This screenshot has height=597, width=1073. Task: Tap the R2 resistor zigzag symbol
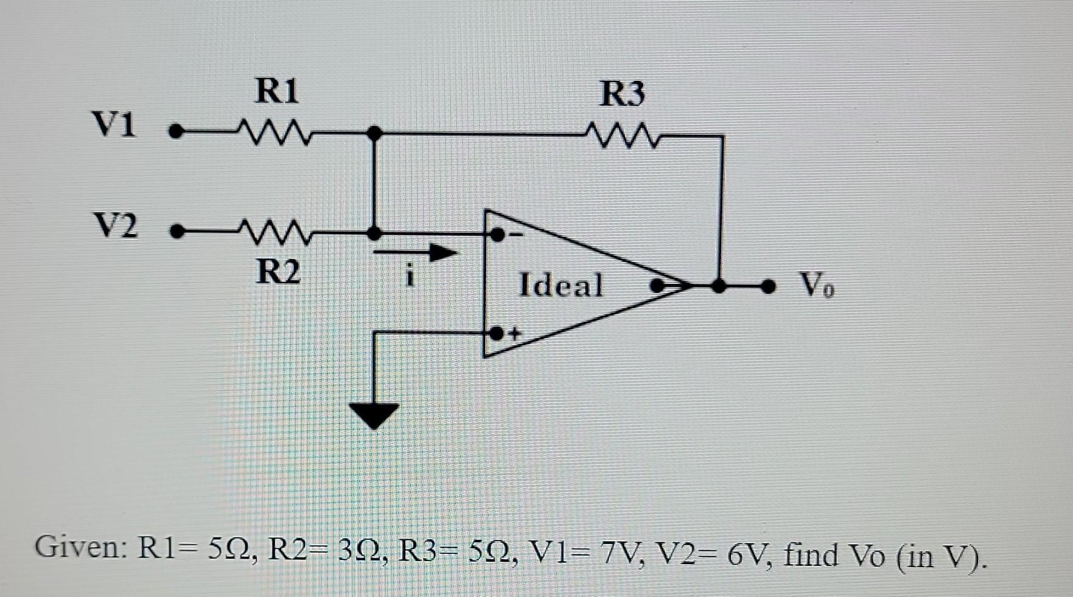(275, 232)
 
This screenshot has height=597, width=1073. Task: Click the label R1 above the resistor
(277, 91)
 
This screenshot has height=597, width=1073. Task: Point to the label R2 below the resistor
(278, 271)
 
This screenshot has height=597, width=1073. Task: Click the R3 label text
(622, 94)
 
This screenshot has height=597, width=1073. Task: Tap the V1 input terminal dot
(176, 131)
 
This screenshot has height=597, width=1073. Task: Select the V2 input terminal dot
(177, 232)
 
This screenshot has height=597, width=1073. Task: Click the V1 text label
(114, 124)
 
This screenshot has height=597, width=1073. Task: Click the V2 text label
(115, 225)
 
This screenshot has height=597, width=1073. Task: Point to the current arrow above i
(416, 252)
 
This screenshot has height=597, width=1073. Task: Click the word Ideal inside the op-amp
(561, 285)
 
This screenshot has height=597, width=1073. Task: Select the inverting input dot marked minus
(497, 234)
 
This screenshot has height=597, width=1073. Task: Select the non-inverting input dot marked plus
(497, 333)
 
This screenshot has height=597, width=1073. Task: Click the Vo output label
(817, 284)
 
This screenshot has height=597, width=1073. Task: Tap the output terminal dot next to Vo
(770, 285)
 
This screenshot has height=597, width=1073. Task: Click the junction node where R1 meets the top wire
(375, 133)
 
